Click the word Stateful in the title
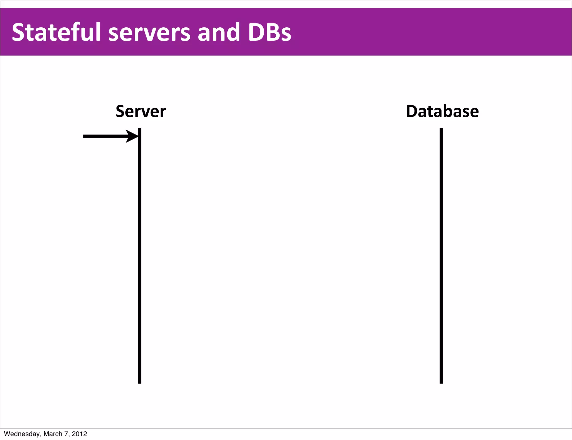click(56, 32)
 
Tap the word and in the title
click(219, 32)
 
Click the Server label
click(141, 111)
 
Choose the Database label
click(442, 111)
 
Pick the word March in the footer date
click(53, 434)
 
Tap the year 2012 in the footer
click(79, 434)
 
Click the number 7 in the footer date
click(66, 434)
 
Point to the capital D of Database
click(413, 111)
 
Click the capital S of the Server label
click(121, 111)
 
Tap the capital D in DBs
click(256, 32)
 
